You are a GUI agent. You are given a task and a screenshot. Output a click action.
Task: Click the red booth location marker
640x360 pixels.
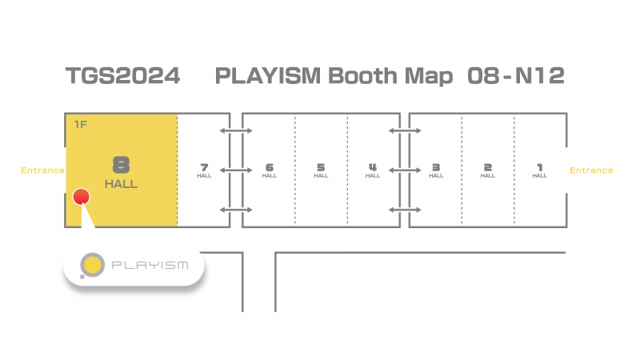tap(82, 197)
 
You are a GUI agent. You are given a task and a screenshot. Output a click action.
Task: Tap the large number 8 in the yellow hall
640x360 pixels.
tap(121, 166)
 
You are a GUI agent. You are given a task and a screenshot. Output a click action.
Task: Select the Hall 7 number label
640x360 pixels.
tap(205, 167)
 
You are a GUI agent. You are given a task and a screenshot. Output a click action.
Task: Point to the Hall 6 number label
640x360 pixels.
tap(270, 167)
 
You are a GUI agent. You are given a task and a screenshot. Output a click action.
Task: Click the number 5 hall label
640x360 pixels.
tap(321, 167)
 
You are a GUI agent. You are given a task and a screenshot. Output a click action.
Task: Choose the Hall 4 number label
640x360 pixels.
tap(373, 167)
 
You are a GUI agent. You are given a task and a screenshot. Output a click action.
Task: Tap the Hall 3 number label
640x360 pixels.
tap(436, 167)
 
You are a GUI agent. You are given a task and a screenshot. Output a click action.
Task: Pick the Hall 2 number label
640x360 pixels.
tap(488, 167)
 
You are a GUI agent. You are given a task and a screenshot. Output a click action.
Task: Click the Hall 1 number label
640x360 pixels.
tap(539, 167)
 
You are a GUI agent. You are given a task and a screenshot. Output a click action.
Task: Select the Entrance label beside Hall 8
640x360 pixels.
tap(42, 170)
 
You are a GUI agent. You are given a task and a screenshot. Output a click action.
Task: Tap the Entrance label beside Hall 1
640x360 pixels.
tap(591, 170)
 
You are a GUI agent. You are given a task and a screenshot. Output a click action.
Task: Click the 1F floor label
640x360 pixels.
tap(81, 125)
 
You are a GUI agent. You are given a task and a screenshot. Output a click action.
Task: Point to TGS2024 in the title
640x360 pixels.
tap(123, 76)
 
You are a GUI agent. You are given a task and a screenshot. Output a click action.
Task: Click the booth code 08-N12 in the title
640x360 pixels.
tap(516, 75)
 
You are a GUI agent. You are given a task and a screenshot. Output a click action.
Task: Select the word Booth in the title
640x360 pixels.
tap(362, 76)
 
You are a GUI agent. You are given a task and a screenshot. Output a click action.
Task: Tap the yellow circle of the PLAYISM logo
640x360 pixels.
tap(92, 265)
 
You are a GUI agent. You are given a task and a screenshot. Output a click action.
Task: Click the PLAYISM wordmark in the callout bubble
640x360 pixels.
tap(150, 266)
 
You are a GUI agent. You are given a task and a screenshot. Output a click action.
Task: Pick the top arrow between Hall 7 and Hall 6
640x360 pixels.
tap(236, 130)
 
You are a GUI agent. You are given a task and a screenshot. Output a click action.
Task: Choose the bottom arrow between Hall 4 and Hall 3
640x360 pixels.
tap(405, 210)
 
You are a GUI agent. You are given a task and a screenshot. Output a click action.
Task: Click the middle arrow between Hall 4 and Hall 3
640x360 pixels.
tap(405, 170)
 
